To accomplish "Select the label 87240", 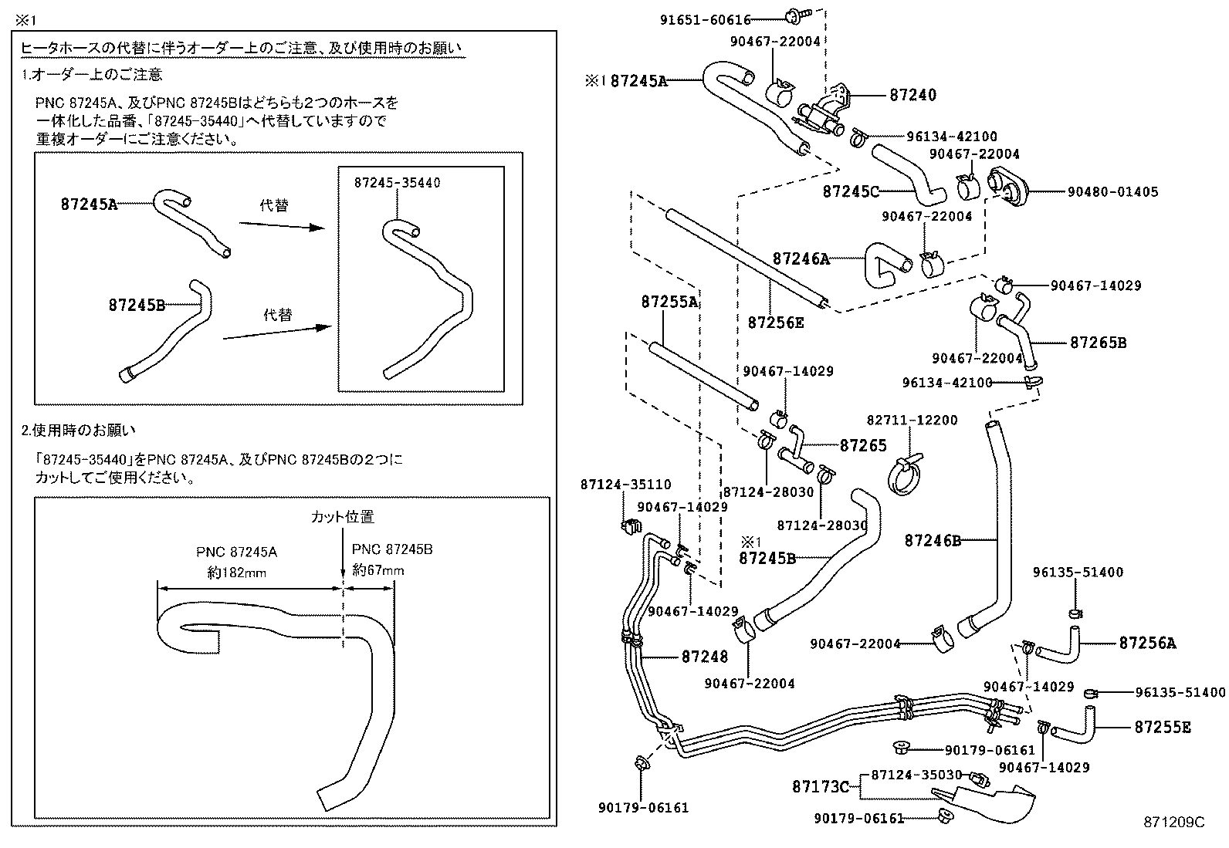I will point(912,95).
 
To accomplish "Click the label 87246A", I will point(801,259).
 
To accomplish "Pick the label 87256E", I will point(775,322).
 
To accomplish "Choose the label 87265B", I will point(1098,342).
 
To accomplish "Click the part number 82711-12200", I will point(912,421).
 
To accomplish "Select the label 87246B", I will point(933,541).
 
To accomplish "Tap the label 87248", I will point(704,657).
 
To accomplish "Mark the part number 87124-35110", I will point(625,485).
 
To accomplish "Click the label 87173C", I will point(820,787).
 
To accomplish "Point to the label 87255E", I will point(1162,727).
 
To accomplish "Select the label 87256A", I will point(1147,642).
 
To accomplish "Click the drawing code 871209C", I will point(1173,823).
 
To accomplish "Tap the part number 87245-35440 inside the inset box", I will point(397,183).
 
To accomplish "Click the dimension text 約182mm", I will point(237,572).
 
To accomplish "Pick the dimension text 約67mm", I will point(378,570).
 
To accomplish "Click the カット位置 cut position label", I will point(342,517).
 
